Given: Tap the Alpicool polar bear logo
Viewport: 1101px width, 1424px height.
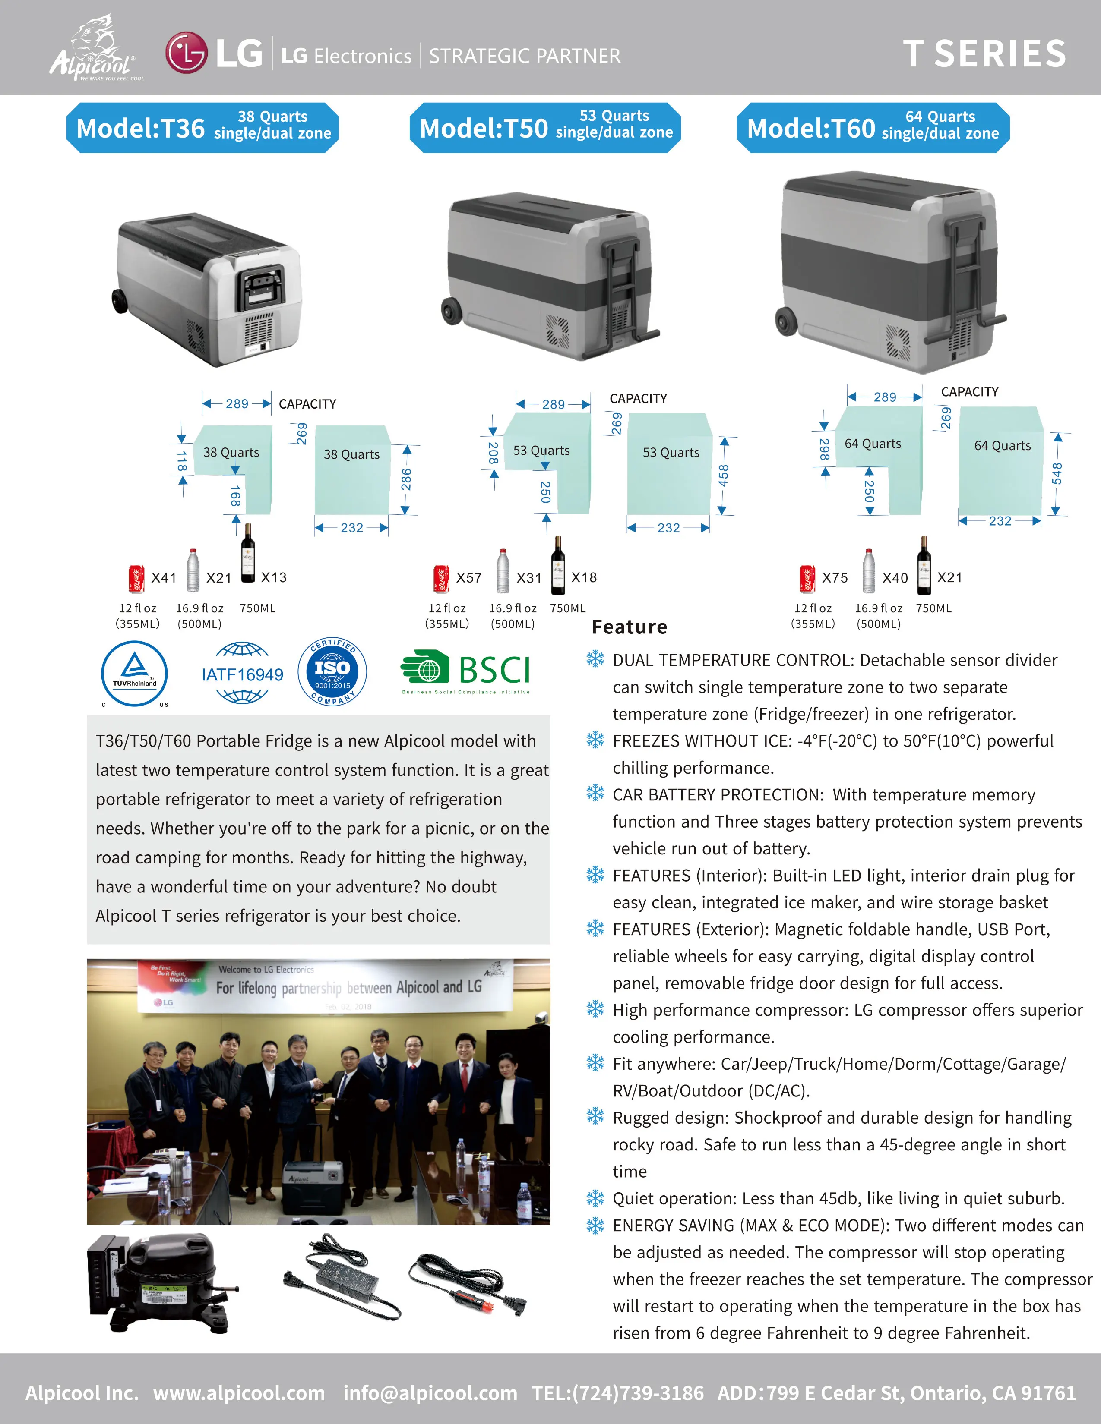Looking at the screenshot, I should coord(97,49).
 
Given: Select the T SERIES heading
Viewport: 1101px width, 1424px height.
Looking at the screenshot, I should coord(984,54).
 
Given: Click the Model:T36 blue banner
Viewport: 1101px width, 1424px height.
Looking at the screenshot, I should coord(202,128).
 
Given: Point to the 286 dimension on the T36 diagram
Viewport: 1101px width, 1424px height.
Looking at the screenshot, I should coord(406,479).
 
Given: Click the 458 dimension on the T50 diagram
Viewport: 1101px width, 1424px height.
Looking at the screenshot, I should coord(723,476).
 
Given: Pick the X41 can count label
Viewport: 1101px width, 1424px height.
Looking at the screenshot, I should coord(164,578).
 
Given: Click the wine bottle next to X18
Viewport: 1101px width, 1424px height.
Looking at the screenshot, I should coord(558,566).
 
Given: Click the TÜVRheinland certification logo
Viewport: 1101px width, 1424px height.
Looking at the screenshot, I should coord(134,674).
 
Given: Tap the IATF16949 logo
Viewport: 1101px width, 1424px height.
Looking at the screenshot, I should coord(242,674).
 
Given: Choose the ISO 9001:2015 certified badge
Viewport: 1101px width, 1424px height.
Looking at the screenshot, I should coord(332,671).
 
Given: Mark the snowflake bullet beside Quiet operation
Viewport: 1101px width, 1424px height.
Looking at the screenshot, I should coord(595,1198).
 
